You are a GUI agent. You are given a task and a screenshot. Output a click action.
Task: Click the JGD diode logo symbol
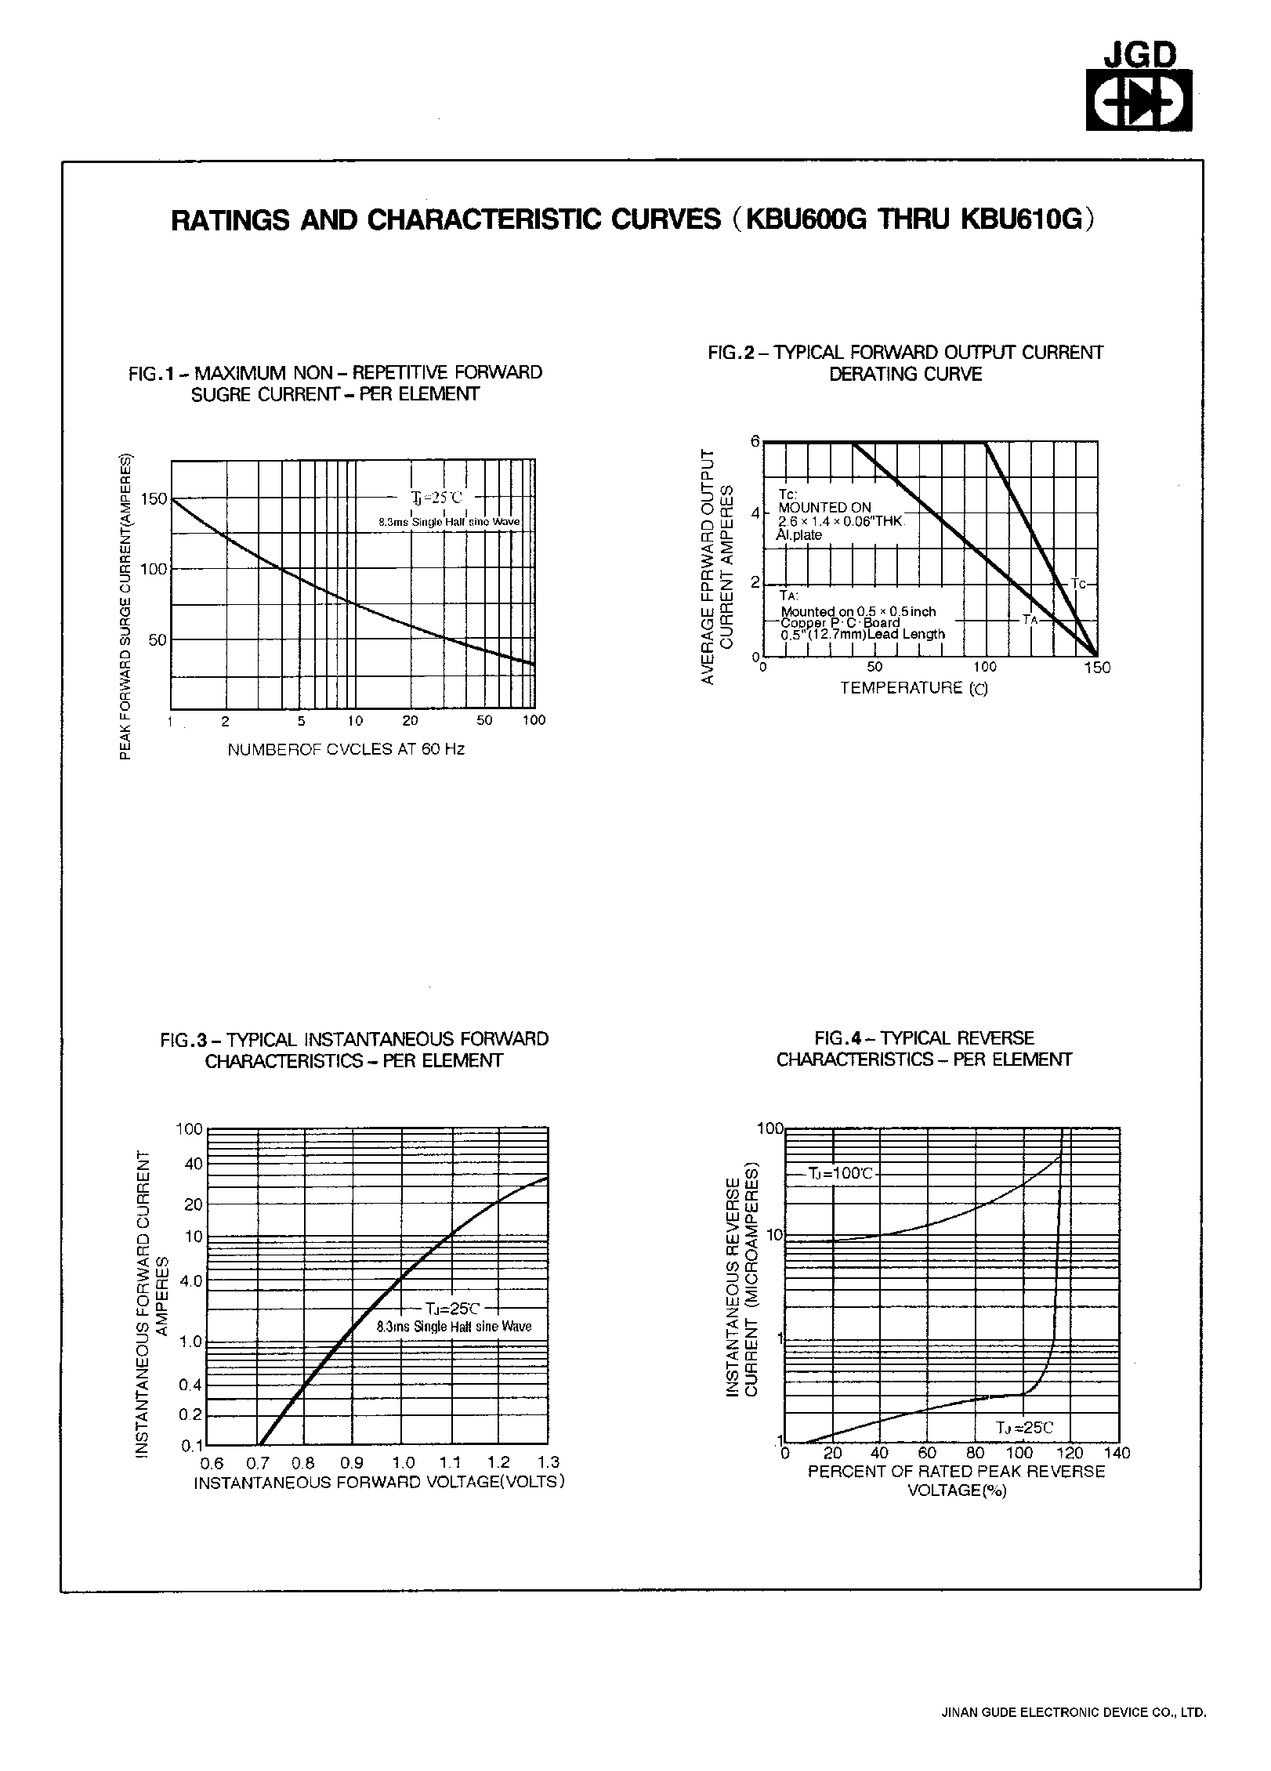(x=1138, y=100)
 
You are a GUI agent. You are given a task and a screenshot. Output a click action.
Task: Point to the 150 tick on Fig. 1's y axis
(x=154, y=498)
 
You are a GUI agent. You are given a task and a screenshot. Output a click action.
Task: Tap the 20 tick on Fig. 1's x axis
(x=410, y=720)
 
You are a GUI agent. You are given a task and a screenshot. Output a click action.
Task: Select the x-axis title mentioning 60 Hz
(x=346, y=749)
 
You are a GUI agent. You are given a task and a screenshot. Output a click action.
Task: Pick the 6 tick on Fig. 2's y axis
(x=755, y=442)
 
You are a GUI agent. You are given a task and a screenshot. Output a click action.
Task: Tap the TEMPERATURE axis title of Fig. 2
(x=914, y=688)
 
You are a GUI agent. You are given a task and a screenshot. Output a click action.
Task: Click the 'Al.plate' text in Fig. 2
(x=799, y=535)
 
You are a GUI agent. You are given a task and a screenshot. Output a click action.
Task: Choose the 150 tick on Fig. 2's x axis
(x=1097, y=667)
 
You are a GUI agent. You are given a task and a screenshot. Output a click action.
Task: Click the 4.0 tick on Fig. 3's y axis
(x=191, y=1280)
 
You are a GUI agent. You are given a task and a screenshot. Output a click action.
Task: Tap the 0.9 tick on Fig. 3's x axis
(x=352, y=1462)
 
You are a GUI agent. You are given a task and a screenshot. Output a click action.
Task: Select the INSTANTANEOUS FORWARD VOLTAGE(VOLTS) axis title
(x=379, y=1482)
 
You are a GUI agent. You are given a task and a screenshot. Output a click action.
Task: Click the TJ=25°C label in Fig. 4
(x=1024, y=1428)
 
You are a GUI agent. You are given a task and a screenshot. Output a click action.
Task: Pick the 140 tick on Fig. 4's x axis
(x=1118, y=1453)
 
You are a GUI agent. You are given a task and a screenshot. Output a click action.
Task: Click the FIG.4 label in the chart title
(x=838, y=1038)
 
